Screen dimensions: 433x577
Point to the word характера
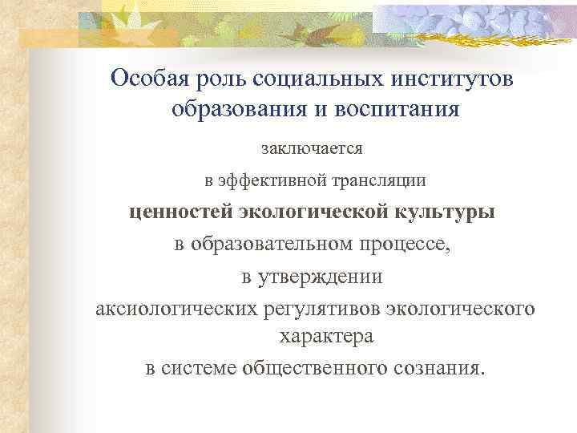(x=326, y=337)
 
